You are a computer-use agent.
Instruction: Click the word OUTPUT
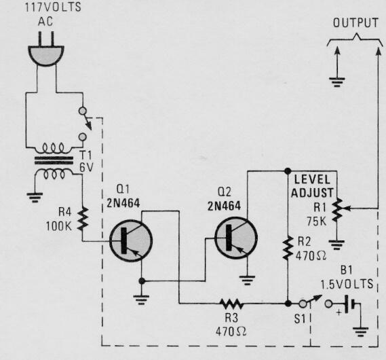pos(355,23)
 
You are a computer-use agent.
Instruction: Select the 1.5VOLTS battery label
pos(352,279)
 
